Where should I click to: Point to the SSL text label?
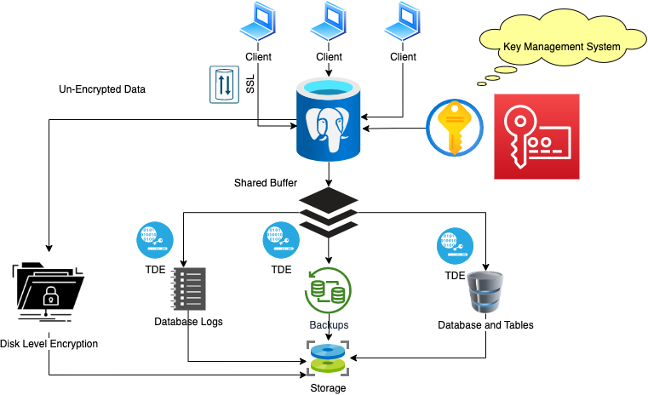click(x=250, y=84)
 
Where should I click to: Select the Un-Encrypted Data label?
click(x=102, y=89)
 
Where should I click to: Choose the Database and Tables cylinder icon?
click(x=486, y=293)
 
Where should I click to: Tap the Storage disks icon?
click(x=328, y=358)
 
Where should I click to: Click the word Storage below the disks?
click(x=328, y=388)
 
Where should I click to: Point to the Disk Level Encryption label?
click(x=49, y=344)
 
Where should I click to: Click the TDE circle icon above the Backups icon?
click(x=281, y=240)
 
